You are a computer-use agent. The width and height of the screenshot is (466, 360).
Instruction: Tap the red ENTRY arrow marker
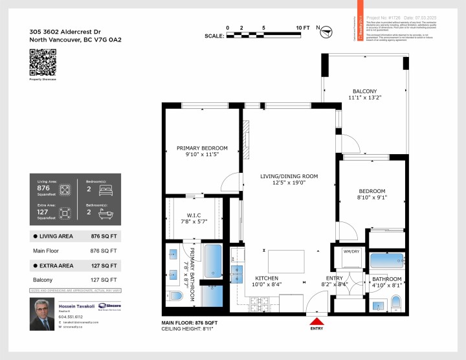[316, 321]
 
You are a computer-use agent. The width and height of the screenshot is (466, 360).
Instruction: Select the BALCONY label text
[364, 91]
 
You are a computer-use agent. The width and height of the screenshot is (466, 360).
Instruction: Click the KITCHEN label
[267, 278]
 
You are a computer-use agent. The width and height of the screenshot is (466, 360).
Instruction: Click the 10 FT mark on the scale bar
[302, 28]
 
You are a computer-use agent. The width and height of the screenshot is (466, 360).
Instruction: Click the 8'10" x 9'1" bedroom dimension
[372, 198]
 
